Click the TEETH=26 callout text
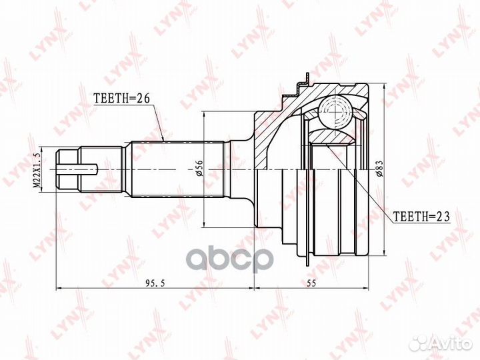tap(121, 98)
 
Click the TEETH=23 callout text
tap(421, 217)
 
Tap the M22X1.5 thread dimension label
tap(37, 169)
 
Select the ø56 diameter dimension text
tap(199, 169)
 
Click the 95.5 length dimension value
tap(155, 284)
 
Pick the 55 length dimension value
tap(311, 283)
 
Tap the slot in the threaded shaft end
tap(77, 169)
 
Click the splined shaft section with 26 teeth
tap(177, 169)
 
